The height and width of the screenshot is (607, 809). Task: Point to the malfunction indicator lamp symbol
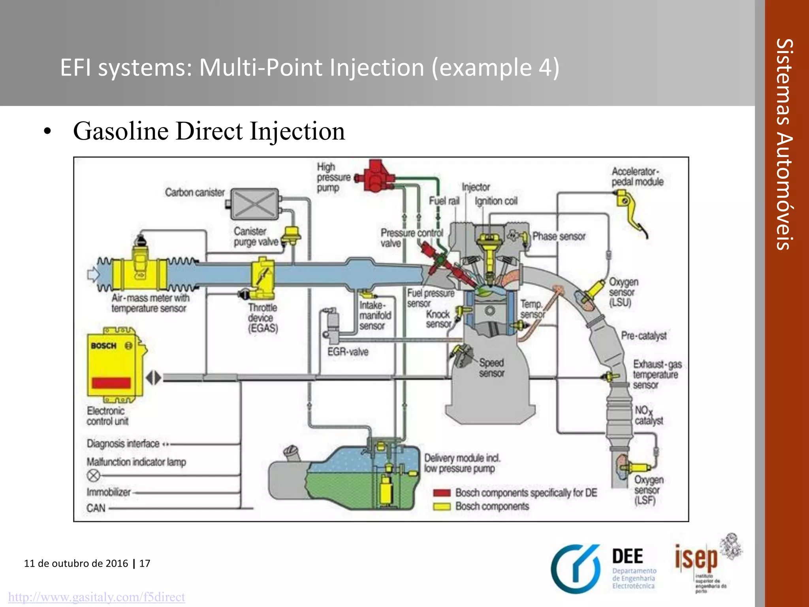click(94, 475)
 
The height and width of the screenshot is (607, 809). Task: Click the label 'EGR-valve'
click(348, 352)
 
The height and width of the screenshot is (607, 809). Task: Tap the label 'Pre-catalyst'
click(643, 336)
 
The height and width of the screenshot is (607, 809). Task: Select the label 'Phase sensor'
click(559, 236)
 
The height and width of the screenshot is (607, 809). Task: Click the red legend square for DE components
click(442, 493)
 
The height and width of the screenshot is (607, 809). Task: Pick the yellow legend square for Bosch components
click(442, 506)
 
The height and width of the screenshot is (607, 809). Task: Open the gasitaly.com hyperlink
click(96, 597)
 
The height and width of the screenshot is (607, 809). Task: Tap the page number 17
click(145, 563)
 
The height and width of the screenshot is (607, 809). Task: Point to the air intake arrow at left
click(94, 274)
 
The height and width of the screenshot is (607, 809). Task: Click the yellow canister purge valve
click(292, 236)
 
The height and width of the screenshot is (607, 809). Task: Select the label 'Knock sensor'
click(438, 319)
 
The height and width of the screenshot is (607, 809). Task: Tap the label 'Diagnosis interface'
click(123, 444)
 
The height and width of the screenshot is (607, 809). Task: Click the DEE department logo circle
click(576, 569)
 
